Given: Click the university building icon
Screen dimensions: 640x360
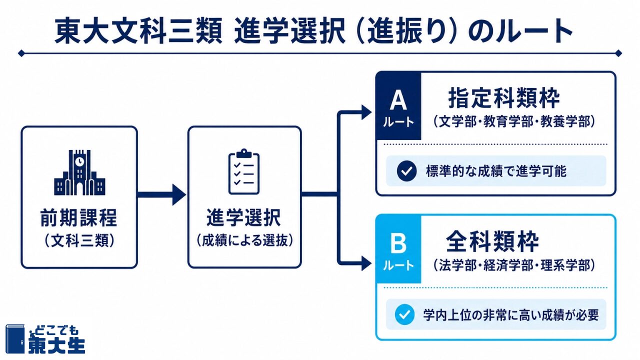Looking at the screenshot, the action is click(79, 172).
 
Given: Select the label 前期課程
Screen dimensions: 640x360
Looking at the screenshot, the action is click(79, 218).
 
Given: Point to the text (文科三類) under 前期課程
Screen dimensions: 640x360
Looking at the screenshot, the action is click(79, 240).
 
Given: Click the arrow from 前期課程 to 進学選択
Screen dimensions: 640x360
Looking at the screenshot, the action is click(161, 195).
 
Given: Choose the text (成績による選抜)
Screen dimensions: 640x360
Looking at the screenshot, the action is click(245, 240).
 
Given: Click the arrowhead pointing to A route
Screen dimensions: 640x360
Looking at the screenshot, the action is click(366, 112).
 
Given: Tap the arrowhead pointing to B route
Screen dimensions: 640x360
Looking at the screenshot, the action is click(366, 263).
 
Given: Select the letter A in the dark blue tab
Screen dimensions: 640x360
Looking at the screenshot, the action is click(398, 101).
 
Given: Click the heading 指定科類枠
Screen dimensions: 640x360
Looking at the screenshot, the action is click(504, 98).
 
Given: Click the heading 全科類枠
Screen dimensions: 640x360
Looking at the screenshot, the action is click(492, 241).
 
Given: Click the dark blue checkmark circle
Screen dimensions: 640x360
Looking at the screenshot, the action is click(406, 171).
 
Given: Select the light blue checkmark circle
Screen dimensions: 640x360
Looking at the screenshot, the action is click(404, 314).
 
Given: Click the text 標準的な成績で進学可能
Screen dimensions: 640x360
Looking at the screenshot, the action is click(496, 171).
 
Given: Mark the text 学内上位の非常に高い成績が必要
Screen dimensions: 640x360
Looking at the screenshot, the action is click(511, 315).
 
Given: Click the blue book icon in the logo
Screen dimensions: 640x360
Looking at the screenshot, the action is click(15, 338).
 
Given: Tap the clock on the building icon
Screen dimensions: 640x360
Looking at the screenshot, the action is click(79, 161).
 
